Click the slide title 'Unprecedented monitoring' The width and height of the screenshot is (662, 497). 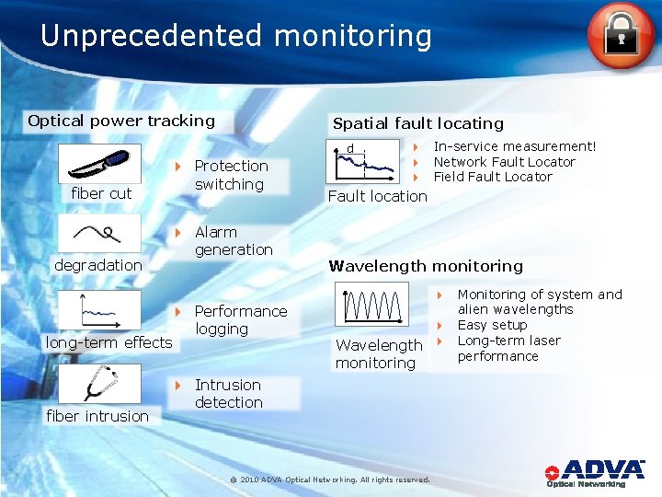pos(236,36)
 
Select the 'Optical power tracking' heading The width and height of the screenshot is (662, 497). pos(121,121)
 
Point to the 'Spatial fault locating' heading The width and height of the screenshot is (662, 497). pos(418,123)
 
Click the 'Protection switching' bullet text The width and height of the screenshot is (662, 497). pos(231,175)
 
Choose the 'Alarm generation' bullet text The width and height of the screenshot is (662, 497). pos(234,241)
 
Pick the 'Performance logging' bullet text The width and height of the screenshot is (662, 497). pos(240,320)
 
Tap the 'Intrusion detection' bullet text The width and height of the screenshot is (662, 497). pos(228,394)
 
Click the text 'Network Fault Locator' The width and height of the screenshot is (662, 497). pos(505,162)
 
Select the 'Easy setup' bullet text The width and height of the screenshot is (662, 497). pos(492,325)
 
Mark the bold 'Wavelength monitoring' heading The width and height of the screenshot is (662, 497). pos(426,266)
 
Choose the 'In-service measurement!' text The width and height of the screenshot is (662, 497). pos(515,146)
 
